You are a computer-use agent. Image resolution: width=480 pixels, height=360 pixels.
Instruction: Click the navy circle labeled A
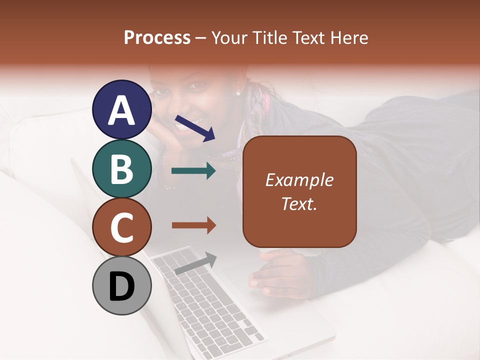pyautogui.click(x=122, y=110)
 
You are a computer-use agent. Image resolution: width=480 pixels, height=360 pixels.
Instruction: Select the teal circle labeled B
pyautogui.click(x=122, y=168)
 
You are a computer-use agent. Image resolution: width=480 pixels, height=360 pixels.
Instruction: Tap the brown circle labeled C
pyautogui.click(x=122, y=227)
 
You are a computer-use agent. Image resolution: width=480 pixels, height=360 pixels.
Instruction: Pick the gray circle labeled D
pyautogui.click(x=122, y=285)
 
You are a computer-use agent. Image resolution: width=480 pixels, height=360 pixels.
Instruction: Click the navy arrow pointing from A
pyautogui.click(x=195, y=128)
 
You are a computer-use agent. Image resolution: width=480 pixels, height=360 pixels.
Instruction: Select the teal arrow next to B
pyautogui.click(x=193, y=171)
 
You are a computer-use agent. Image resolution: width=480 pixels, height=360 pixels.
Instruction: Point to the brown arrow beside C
pyautogui.click(x=193, y=225)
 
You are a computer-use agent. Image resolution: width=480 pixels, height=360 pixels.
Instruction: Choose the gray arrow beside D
pyautogui.click(x=195, y=263)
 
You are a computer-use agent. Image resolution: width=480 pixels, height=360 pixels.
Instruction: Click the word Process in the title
pyautogui.click(x=157, y=38)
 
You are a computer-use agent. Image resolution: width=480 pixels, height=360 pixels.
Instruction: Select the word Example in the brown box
pyautogui.click(x=299, y=180)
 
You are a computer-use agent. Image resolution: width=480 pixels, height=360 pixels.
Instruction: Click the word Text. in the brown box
pyautogui.click(x=299, y=203)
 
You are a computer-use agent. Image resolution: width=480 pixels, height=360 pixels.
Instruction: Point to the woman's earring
pyautogui.click(x=238, y=92)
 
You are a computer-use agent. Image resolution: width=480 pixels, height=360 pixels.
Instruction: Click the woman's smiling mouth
pyautogui.click(x=196, y=122)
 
